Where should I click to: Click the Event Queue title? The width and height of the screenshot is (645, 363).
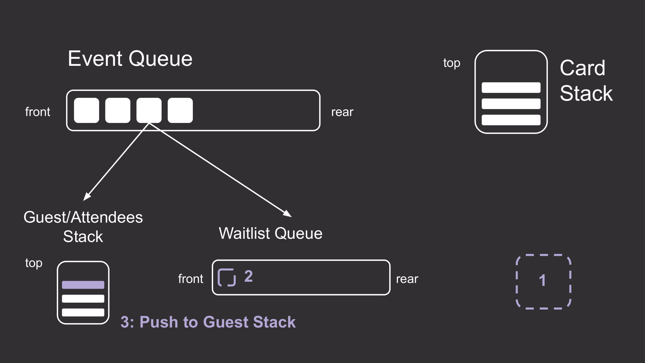[x=130, y=59]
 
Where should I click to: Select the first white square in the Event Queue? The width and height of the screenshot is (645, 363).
[x=86, y=110]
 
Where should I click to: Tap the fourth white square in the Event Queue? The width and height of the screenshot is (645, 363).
[x=180, y=110]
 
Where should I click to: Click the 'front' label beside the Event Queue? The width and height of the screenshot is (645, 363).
[x=38, y=112]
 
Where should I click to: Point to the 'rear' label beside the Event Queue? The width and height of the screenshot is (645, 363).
[x=342, y=112]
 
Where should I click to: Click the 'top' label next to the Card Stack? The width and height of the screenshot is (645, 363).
[x=452, y=63]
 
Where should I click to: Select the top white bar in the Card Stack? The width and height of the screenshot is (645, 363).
[x=511, y=87]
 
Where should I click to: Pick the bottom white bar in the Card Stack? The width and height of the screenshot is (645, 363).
[x=511, y=120]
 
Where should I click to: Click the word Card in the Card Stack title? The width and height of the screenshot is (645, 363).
[x=582, y=68]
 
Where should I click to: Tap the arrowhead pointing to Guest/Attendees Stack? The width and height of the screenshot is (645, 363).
[x=86, y=197]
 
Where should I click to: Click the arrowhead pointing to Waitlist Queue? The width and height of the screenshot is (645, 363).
[x=288, y=214]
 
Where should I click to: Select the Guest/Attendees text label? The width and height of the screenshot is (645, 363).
[x=83, y=217]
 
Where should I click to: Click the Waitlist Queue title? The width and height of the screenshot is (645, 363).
[x=271, y=233]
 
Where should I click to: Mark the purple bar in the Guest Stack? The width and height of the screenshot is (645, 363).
[x=83, y=285]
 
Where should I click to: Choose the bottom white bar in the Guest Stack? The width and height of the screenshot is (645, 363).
[x=83, y=312]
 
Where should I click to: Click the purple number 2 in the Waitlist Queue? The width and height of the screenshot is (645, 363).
[x=248, y=276]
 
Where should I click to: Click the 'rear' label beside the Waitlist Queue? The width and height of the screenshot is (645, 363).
[x=407, y=279]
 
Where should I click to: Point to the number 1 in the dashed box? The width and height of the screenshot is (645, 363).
[x=542, y=280]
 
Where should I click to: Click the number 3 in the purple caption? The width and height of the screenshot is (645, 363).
[x=125, y=322]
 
